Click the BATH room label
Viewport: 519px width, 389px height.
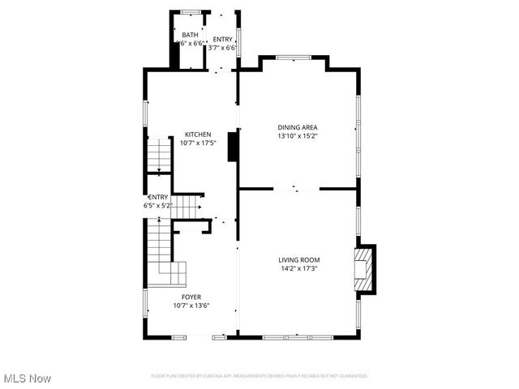[190, 35]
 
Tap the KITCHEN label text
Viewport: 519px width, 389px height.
[198, 135]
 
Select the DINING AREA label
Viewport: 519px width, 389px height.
[298, 127]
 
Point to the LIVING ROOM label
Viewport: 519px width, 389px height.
[298, 259]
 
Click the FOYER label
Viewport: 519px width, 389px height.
[191, 297]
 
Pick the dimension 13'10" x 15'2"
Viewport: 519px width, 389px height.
[298, 136]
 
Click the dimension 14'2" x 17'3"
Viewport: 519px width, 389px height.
[298, 268]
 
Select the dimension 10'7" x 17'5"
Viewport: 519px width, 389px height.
[198, 143]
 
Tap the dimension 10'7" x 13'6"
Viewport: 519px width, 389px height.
[191, 306]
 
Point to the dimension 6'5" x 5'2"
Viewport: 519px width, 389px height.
[158, 206]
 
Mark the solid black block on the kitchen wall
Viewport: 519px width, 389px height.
[233, 147]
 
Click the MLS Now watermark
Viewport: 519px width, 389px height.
[28, 378]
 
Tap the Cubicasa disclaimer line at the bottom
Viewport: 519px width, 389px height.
[259, 376]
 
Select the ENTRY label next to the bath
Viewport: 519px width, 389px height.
[222, 40]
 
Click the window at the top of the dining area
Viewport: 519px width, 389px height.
[293, 57]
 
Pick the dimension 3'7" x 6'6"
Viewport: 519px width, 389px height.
[222, 49]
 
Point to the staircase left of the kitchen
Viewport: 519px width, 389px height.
[160, 155]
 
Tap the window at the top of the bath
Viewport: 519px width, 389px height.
[191, 11]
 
